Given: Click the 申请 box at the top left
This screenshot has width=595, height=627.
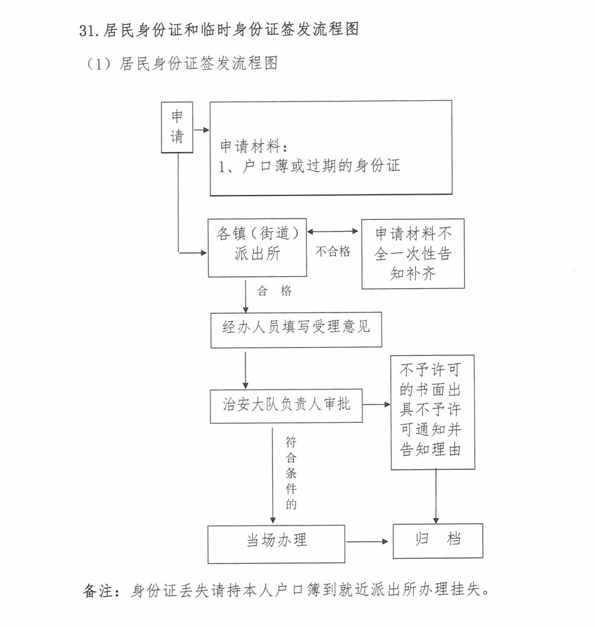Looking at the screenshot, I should coord(177,127).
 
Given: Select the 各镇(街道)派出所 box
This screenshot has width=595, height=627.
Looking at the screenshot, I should coord(257,247).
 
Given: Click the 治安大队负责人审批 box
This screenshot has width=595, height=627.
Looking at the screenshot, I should coord(286,405).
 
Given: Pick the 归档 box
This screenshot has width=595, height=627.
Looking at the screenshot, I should coord(438,541).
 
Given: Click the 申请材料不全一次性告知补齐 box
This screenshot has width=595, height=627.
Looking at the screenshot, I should coord(413,254).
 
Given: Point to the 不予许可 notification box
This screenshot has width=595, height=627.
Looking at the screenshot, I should coord(432,412).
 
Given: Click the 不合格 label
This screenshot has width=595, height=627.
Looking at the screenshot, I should coord(333,252).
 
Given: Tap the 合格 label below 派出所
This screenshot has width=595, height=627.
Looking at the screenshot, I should coord(274,291).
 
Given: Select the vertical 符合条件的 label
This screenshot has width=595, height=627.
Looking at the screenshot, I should coord(291,472).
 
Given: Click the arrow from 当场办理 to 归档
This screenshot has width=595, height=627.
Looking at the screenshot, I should coord(368,541).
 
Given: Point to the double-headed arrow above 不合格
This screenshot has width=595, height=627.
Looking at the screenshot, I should coord(333,231).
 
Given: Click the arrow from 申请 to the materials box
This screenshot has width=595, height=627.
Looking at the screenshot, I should coord(201,131).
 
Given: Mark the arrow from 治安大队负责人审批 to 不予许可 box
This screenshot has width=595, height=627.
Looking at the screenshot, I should coord(376,405).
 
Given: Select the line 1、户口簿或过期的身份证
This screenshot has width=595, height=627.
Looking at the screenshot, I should coord(309,167).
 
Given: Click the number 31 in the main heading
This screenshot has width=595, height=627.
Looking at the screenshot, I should coord(86,30).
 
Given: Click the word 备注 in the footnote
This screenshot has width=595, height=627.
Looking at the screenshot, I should coord(99,591).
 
